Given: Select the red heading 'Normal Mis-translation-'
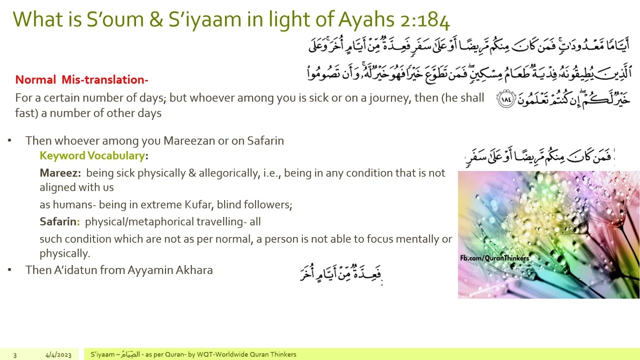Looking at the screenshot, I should click(x=81, y=79).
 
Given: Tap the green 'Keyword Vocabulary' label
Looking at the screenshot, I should click(x=92, y=155).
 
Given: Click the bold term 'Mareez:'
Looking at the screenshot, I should click(x=60, y=173).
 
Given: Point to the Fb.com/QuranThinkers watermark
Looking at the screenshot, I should click(x=494, y=258).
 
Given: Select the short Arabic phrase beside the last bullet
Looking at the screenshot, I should click(x=341, y=273).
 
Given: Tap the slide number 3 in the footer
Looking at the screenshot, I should click(x=15, y=355).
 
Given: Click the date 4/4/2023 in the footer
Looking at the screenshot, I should click(x=58, y=355).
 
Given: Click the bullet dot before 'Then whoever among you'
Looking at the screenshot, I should click(x=9, y=141).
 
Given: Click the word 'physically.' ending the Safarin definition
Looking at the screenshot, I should click(x=64, y=253).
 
